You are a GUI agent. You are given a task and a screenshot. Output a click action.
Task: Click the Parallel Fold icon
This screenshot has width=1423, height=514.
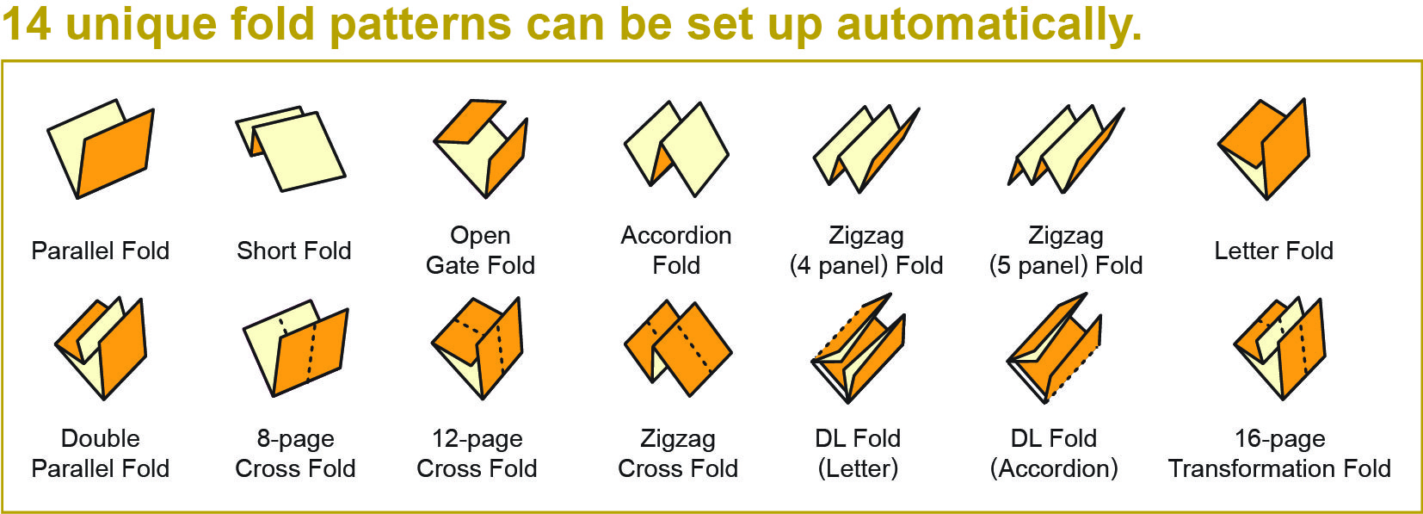101,149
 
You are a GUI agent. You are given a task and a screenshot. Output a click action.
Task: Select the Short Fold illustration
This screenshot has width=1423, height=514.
291,148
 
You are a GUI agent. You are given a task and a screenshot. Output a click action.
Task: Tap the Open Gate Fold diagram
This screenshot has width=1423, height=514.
480,148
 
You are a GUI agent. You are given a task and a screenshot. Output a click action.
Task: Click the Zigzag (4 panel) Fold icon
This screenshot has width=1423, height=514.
866,148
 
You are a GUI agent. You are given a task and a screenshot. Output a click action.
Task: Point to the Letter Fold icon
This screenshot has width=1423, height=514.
1264,148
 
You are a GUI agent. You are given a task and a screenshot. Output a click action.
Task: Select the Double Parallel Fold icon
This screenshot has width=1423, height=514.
101,348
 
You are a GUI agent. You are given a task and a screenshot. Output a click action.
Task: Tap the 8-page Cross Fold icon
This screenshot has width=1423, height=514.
296,348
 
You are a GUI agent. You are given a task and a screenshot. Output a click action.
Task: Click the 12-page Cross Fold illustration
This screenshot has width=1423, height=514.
477,348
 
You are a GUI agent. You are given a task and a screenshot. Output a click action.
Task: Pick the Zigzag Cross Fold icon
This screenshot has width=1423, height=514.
678,348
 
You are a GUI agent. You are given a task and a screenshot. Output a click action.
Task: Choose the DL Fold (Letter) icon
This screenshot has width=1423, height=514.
858,348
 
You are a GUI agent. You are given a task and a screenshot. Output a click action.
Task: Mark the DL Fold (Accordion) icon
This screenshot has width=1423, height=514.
1054,348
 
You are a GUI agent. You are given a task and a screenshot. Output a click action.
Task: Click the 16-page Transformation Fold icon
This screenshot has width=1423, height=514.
1279,348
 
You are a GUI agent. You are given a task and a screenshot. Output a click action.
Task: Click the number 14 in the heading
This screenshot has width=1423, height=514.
27,23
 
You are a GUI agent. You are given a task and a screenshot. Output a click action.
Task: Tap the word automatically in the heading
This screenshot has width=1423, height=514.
989,25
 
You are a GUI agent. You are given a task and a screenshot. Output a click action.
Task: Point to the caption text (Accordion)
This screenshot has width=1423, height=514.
1054,468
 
